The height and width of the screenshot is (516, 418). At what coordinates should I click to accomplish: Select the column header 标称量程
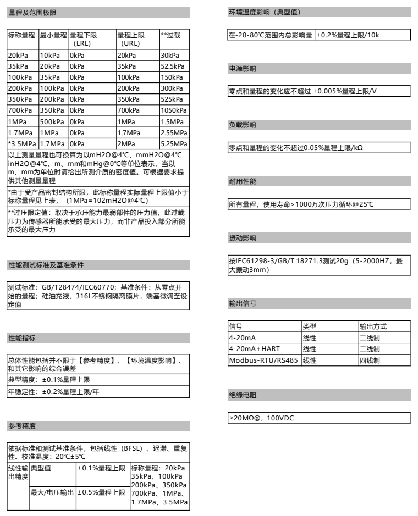tap(22, 35)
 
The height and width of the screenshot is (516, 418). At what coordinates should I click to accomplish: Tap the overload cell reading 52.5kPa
tap(172, 65)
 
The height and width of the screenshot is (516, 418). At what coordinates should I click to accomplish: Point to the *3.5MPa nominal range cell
tap(22, 143)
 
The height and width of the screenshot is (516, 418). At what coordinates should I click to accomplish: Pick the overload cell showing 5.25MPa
tap(172, 143)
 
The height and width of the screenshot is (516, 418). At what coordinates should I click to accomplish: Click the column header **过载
tap(170, 35)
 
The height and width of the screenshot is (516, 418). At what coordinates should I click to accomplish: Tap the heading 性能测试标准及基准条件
tap(46, 265)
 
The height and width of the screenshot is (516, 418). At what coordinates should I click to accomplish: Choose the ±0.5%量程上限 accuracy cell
tap(101, 492)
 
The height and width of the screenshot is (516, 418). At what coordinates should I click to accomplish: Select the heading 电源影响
tap(242, 69)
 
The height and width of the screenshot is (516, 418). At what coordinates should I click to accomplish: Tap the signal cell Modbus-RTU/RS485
tap(264, 360)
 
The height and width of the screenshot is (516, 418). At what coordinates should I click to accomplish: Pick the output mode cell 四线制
tap(369, 360)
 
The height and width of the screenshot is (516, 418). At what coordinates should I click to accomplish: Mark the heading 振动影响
tap(242, 238)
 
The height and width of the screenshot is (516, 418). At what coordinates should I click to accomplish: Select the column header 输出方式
tap(371, 326)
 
